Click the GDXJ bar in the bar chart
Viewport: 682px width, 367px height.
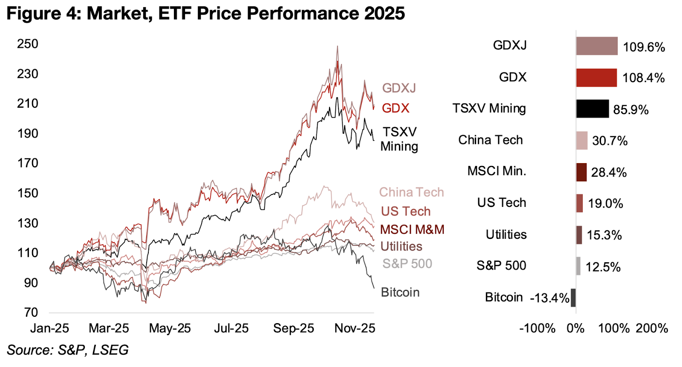point(596,46)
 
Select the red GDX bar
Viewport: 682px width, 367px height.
point(596,77)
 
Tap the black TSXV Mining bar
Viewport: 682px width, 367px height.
point(592,109)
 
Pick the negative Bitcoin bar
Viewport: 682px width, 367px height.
point(573,298)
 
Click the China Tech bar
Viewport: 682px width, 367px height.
point(581,140)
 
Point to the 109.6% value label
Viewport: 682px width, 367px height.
point(644,47)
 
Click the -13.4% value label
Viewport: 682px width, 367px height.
point(549,298)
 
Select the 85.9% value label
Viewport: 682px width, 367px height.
point(630,110)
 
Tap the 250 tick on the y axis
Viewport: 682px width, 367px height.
point(28,44)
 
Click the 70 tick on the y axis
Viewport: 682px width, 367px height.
point(31,313)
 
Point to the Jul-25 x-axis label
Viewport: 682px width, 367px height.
point(231,328)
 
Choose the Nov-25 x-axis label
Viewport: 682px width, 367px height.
point(355,328)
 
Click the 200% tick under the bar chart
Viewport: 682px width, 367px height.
point(652,328)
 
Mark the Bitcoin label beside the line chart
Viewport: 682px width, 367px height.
point(400,292)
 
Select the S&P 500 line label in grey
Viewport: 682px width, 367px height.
point(407,264)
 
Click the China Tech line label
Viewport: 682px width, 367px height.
point(411,192)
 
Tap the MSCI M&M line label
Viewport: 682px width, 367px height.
point(412,230)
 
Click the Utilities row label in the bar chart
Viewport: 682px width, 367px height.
point(506,235)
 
